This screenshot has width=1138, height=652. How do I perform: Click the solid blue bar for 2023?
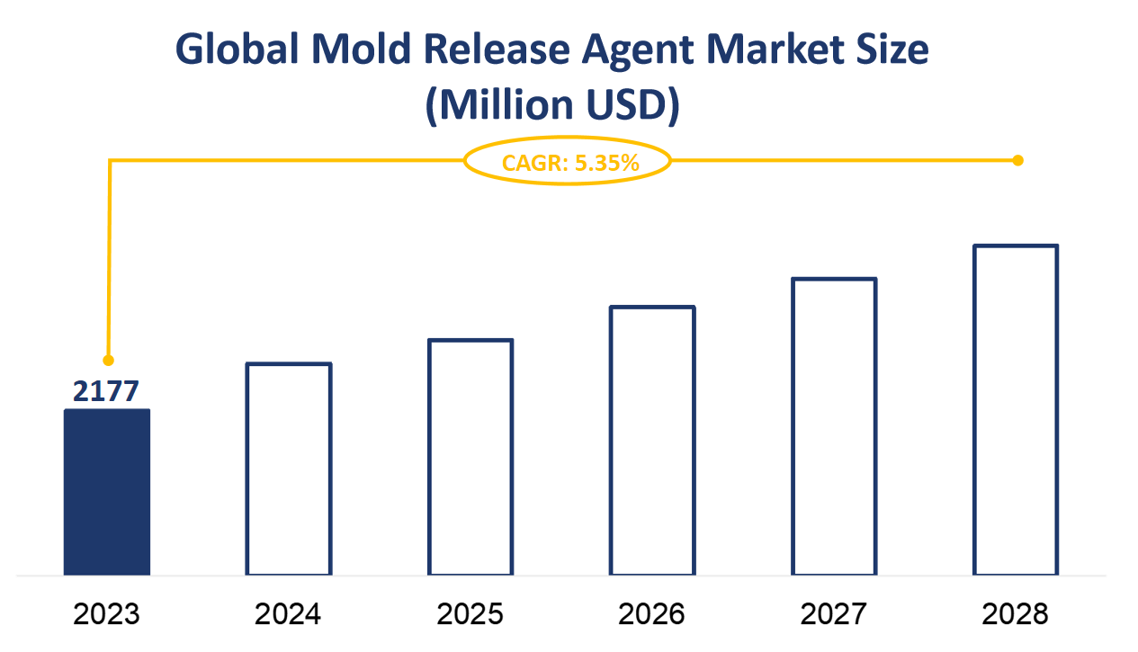107,492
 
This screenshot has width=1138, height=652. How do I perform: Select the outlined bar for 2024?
289,469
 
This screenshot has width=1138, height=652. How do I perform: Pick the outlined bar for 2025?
470,457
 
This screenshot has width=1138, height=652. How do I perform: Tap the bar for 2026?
652,441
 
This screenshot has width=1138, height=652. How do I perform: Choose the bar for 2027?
834,426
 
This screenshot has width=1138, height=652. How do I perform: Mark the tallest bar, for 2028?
1016,409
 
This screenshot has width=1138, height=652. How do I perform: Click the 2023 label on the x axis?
107,614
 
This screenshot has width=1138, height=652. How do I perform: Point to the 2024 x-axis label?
289,614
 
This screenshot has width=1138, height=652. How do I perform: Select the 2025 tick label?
470,614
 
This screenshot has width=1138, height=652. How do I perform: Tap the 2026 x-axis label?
652,614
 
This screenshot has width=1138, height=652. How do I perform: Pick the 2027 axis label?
834,614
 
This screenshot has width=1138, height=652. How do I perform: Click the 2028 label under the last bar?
1016,614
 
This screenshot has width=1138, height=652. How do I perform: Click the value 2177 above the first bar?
107,391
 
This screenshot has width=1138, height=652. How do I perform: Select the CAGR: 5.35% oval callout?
569,162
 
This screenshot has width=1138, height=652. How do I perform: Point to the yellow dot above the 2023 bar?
109,360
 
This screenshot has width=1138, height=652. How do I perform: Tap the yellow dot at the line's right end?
1017,161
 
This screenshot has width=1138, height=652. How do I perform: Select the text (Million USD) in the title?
551,105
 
